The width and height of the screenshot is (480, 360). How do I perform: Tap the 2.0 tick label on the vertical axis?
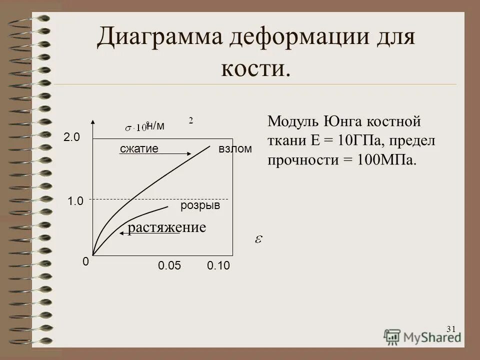pyautogui.click(x=71, y=138)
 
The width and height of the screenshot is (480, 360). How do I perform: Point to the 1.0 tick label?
pyautogui.click(x=75, y=201)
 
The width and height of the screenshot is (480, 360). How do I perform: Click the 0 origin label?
pyautogui.click(x=85, y=261)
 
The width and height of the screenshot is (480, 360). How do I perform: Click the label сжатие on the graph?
pyautogui.click(x=139, y=149)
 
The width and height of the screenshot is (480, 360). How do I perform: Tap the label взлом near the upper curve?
pyautogui.click(x=235, y=149)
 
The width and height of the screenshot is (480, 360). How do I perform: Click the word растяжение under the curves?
pyautogui.click(x=167, y=228)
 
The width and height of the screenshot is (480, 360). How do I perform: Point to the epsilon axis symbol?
pyautogui.click(x=258, y=239)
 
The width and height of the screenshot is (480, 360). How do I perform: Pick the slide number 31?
pyautogui.click(x=450, y=328)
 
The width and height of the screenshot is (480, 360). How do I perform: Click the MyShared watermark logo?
pyautogui.click(x=422, y=336)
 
